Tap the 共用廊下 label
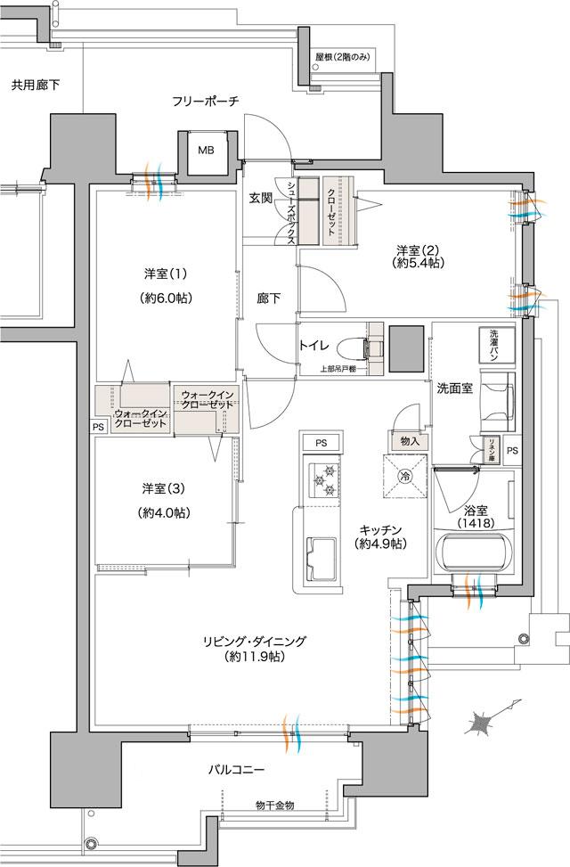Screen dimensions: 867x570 click(x=36, y=86)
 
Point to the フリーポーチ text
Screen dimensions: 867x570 click(x=206, y=102)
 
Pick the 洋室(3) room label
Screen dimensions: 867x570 click(x=166, y=500)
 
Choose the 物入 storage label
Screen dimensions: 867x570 click(x=409, y=441)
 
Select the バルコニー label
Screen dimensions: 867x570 click(x=236, y=768)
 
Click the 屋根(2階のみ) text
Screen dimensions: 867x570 click(x=343, y=59)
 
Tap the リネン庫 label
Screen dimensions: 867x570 click(x=489, y=445)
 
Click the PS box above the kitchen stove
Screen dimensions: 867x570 click(x=320, y=443)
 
